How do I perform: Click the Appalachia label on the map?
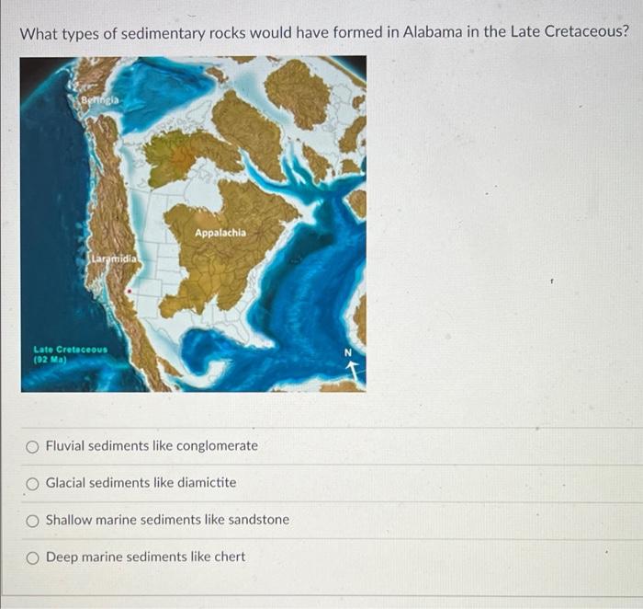pyautogui.click(x=220, y=233)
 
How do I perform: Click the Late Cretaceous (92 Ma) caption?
pyautogui.click(x=70, y=353)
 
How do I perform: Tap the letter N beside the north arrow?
pyautogui.click(x=347, y=352)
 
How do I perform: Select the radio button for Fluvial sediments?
pyautogui.click(x=32, y=446)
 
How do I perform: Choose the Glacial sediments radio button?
pyautogui.click(x=32, y=483)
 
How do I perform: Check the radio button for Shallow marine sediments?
pyautogui.click(x=32, y=520)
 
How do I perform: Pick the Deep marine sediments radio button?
pyautogui.click(x=32, y=557)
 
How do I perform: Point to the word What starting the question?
pyautogui.click(x=39, y=32)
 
